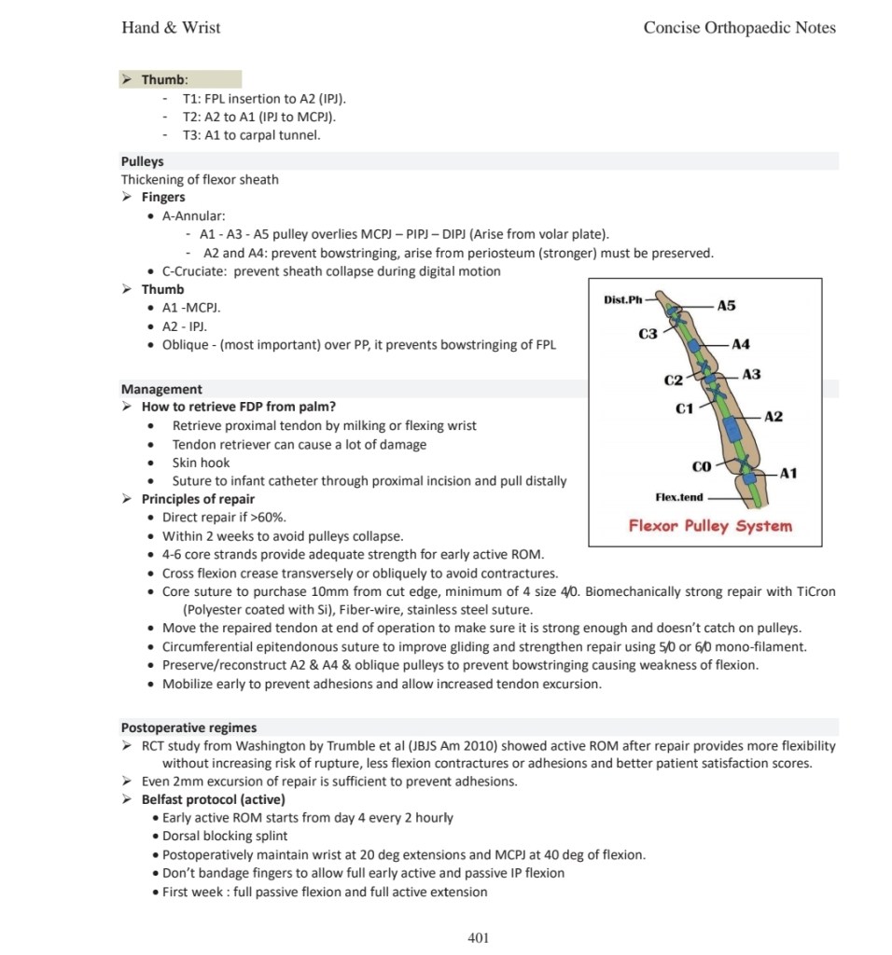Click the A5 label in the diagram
click(x=726, y=306)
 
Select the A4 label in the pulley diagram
click(x=741, y=345)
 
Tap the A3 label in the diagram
click(x=751, y=374)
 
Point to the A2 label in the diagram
click(x=774, y=416)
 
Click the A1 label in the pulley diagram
click(x=788, y=474)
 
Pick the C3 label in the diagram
click(x=648, y=334)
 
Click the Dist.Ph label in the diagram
click(x=624, y=299)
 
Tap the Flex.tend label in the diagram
click(x=679, y=497)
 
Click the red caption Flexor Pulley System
click(x=710, y=526)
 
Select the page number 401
click(x=478, y=937)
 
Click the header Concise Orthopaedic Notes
click(x=739, y=27)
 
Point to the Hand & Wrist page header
click(x=171, y=27)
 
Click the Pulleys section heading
click(x=142, y=161)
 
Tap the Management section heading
click(x=161, y=389)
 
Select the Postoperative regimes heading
click(x=188, y=727)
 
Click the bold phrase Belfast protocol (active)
click(x=213, y=799)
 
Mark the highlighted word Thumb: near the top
click(x=164, y=80)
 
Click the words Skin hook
click(x=201, y=463)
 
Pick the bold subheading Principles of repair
click(x=198, y=499)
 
